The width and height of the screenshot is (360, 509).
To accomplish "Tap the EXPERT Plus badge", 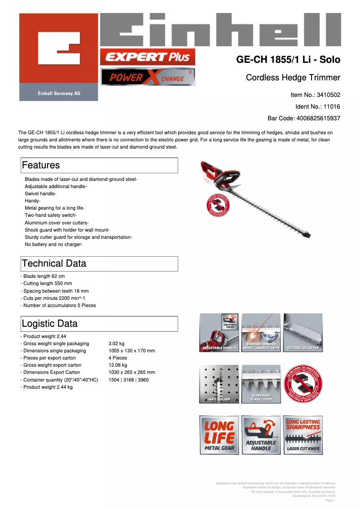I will click(x=147, y=57).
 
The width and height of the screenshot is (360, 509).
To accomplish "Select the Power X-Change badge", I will click(x=147, y=77).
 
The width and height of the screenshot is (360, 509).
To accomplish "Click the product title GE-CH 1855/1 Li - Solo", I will click(x=288, y=60).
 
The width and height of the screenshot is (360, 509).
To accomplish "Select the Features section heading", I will click(x=41, y=165).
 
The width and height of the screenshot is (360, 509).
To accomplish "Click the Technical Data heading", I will click(x=54, y=263).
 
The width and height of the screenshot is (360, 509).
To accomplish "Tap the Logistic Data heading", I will click(x=49, y=324).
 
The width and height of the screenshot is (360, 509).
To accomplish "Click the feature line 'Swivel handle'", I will click(x=40, y=193).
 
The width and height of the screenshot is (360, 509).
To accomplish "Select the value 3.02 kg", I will click(x=116, y=343).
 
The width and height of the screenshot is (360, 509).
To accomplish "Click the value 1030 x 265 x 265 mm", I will click(x=132, y=372).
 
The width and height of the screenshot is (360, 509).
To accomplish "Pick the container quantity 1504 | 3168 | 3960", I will click(x=128, y=380).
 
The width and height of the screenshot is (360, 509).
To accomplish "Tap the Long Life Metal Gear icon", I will click(x=219, y=435).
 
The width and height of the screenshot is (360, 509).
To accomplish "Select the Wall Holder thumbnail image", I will click(x=219, y=384).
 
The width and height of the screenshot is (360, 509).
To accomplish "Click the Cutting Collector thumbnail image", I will click(x=303, y=333).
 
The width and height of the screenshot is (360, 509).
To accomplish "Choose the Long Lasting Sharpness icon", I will click(x=303, y=435).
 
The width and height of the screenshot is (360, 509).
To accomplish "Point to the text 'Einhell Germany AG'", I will click(x=58, y=93).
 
